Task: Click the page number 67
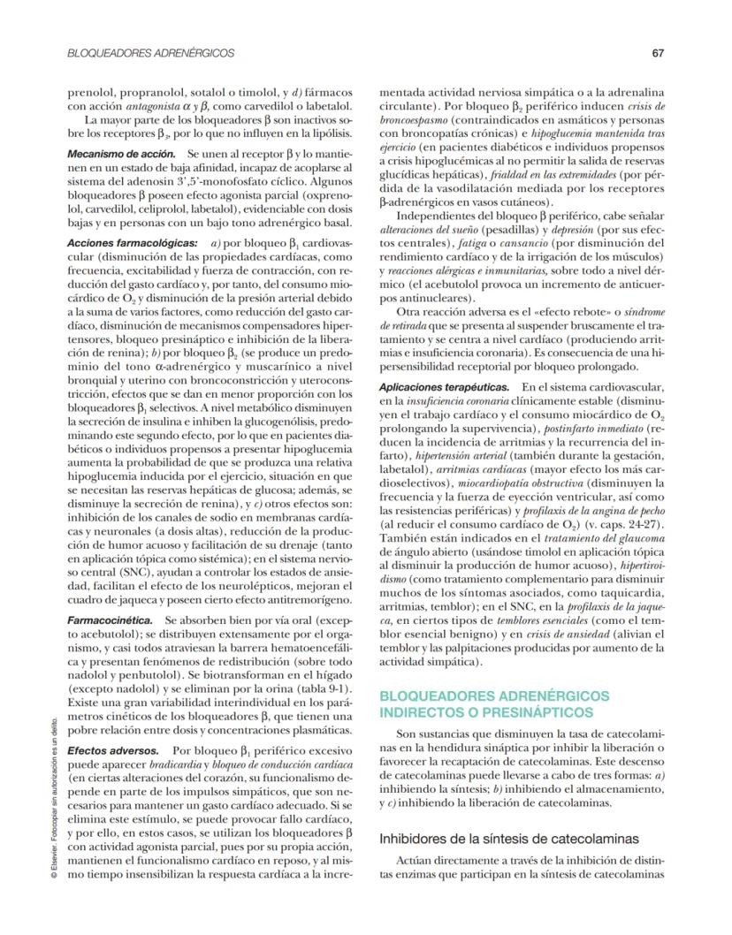(x=658, y=53)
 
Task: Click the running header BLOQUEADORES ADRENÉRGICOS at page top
(x=150, y=53)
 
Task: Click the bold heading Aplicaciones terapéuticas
(x=444, y=388)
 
